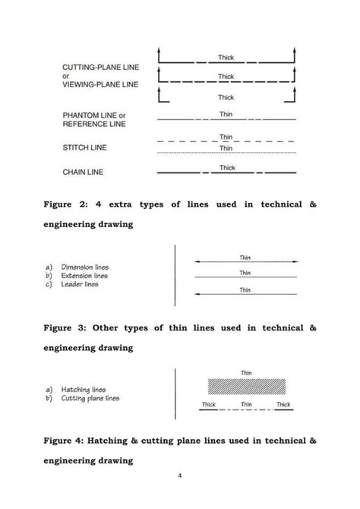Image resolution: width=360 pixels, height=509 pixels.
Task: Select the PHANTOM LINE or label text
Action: (x=93, y=115)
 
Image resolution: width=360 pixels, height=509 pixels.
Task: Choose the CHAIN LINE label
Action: (x=83, y=172)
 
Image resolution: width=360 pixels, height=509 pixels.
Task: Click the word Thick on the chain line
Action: (x=227, y=168)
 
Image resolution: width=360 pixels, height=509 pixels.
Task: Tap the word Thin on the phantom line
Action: (x=226, y=114)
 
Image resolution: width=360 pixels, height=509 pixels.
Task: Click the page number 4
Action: (x=179, y=476)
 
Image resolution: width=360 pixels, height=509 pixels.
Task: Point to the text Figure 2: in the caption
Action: (x=68, y=204)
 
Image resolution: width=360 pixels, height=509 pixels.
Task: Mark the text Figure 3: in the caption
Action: (x=68, y=327)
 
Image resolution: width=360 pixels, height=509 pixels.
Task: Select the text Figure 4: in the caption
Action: (x=68, y=440)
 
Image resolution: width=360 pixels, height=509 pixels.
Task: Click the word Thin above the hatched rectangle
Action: (x=246, y=372)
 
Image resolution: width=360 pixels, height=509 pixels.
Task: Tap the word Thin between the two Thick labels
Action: (x=246, y=405)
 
